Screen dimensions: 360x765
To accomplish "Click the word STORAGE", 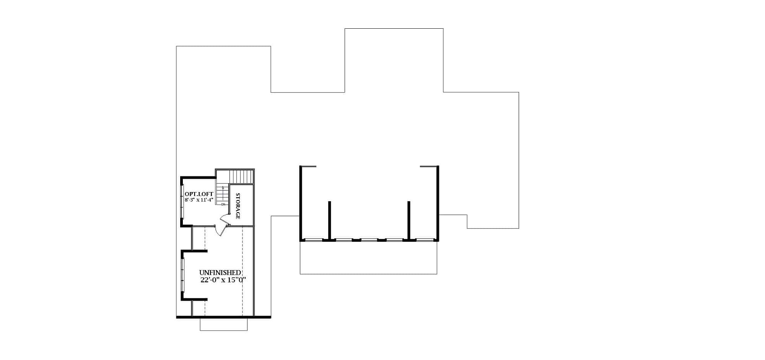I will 238,206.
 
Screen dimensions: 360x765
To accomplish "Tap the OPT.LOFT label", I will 199,194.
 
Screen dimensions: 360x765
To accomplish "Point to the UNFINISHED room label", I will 220,273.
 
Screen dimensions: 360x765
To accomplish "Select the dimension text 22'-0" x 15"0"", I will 223,280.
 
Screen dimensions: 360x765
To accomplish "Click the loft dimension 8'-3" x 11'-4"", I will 199,200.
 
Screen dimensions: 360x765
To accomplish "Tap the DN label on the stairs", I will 223,204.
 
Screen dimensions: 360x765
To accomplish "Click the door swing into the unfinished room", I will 220,230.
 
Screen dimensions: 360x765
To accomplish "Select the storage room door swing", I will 224,218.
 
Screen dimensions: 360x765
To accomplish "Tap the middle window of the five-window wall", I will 369,240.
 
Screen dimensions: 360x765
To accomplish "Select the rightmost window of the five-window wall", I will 424,240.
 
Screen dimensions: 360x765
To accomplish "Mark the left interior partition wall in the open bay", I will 329,220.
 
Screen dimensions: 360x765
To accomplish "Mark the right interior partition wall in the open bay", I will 409,220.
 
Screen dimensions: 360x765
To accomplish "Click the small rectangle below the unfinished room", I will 223,324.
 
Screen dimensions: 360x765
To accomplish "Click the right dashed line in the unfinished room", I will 243,272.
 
